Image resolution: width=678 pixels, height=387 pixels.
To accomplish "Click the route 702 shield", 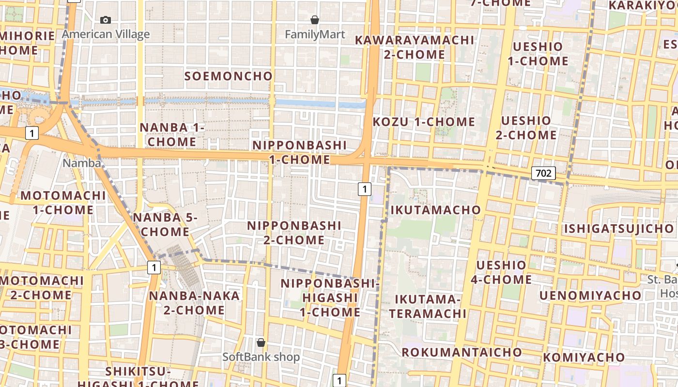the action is (543, 173).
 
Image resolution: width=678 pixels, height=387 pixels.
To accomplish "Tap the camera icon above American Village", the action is (106, 20).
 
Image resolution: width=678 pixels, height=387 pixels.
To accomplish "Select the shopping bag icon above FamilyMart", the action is (315, 20).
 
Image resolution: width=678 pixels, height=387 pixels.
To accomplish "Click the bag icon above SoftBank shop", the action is (261, 342).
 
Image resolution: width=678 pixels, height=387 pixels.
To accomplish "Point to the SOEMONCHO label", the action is (229, 76).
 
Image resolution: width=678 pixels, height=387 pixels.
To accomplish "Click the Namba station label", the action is (81, 163).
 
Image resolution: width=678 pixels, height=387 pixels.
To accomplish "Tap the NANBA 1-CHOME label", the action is (172, 134).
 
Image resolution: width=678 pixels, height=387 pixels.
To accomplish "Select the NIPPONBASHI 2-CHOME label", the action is (294, 233).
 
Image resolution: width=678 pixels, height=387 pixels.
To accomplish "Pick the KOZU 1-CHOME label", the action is (424, 122).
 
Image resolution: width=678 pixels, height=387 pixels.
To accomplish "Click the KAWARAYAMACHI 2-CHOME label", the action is (415, 47).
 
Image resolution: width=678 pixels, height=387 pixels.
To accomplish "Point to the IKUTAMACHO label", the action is (435, 210).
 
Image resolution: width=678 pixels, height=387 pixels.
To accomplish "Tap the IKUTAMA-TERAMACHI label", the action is (428, 306).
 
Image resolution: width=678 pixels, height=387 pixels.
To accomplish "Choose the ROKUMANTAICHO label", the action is (462, 352).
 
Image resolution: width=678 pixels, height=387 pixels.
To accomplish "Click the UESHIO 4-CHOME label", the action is (501, 272).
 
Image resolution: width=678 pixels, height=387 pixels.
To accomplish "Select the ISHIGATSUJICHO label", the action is (619, 228).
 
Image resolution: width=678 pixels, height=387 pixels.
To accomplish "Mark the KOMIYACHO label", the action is (584, 357).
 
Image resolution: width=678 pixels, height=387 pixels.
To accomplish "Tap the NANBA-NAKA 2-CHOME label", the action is (194, 303).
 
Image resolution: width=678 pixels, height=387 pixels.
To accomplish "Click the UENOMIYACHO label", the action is (590, 295).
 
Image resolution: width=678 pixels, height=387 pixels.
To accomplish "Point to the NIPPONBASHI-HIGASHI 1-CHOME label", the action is (329, 298).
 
